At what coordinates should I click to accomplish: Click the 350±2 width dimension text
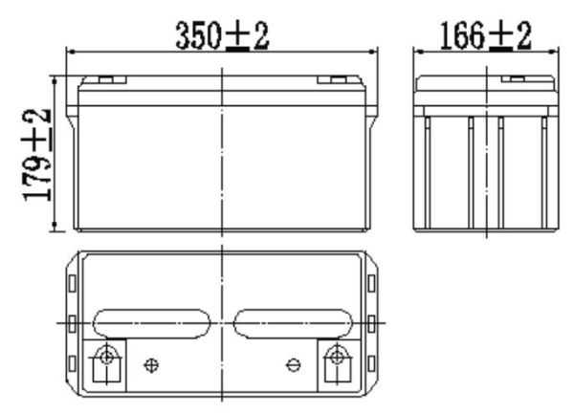222,35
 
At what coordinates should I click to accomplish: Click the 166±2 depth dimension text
485,35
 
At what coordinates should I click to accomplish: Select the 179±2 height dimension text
37,155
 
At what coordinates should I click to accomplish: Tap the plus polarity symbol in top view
150,364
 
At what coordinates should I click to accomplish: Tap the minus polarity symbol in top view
294,364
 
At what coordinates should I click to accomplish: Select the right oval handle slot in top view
292,323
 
